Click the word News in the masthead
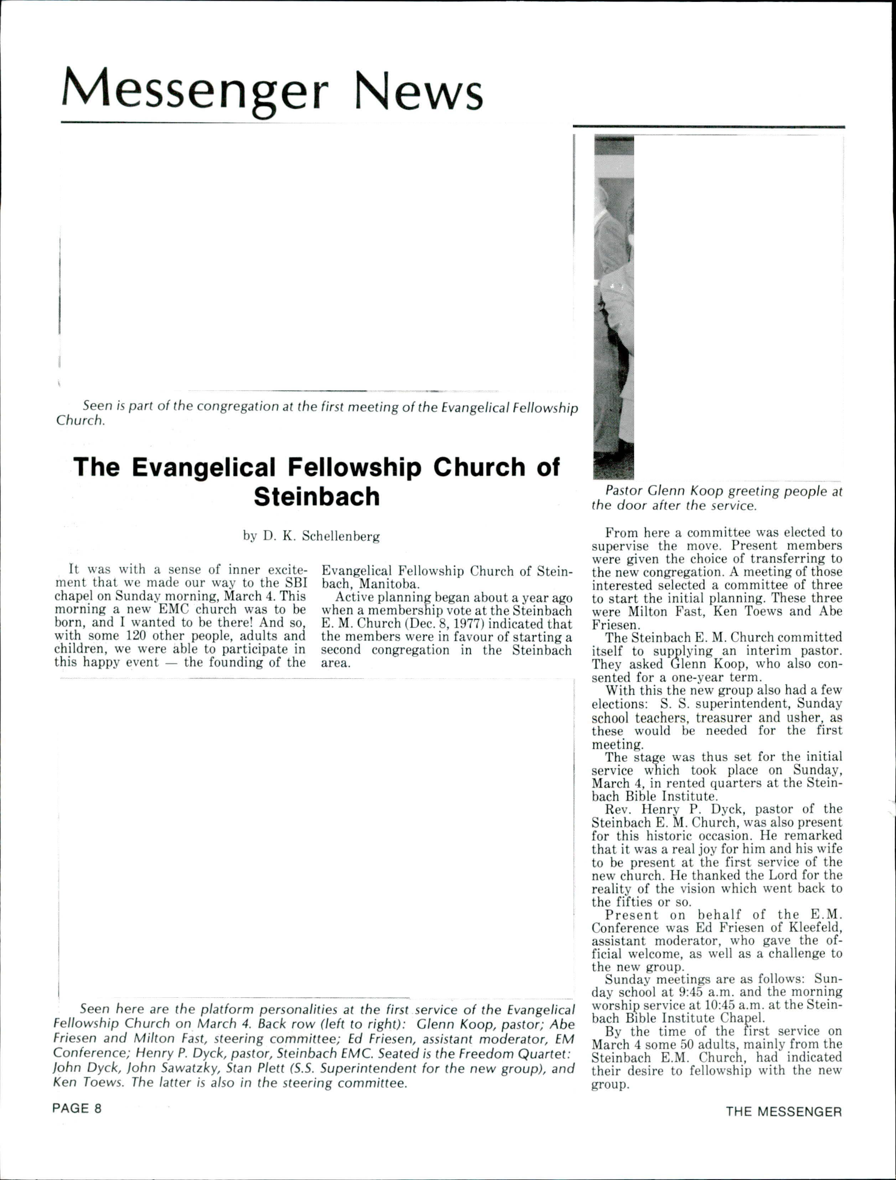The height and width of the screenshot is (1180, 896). (x=419, y=89)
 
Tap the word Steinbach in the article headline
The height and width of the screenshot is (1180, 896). (x=316, y=497)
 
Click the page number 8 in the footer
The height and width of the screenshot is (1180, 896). (x=97, y=1108)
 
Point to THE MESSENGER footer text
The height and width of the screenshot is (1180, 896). (x=783, y=1112)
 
